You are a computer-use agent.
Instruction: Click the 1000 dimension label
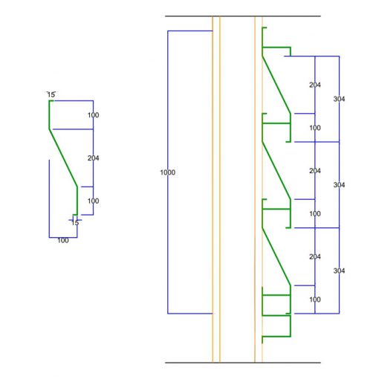click(168, 172)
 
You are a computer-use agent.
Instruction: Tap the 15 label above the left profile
click(51, 94)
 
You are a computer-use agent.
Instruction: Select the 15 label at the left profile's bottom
click(75, 223)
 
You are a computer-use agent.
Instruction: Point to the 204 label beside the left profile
click(93, 158)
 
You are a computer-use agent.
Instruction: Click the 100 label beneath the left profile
click(63, 240)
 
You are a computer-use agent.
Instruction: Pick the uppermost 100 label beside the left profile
click(93, 115)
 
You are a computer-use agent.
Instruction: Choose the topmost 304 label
click(339, 99)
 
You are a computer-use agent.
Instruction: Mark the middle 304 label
click(339, 185)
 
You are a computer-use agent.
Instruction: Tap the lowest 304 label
click(339, 271)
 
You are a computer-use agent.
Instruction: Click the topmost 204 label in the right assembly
click(315, 85)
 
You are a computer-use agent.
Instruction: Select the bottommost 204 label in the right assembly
click(315, 256)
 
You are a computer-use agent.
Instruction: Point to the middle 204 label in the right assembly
click(315, 171)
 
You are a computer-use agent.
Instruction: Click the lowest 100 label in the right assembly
click(315, 299)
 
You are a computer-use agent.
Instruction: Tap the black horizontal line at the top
click(243, 16)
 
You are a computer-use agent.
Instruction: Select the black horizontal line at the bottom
click(243, 363)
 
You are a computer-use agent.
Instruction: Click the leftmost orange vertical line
click(213, 189)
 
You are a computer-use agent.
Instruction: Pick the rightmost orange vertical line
click(262, 189)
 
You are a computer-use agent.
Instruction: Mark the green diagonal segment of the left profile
click(63, 158)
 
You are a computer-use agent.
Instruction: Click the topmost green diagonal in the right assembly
click(276, 85)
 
